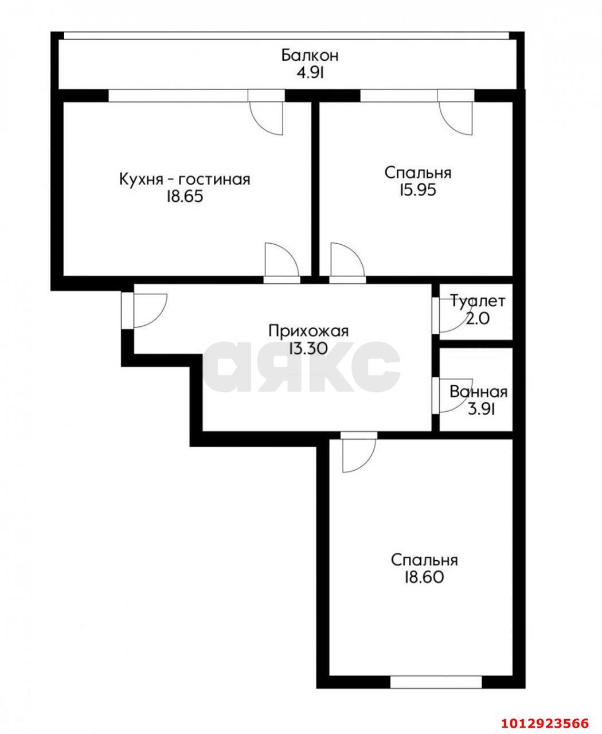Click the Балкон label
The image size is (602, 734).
tap(310, 56)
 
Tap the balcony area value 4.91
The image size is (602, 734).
tap(310, 73)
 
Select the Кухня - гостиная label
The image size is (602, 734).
tap(185, 179)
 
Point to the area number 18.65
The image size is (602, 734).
tap(185, 197)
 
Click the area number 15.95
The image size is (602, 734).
tap(418, 189)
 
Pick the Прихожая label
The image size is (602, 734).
tap(309, 331)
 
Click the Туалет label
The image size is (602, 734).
tap(478, 301)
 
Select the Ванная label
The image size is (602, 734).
tap(479, 392)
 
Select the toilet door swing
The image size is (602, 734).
tap(450, 319)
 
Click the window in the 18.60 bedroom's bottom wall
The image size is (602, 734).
tap(437, 682)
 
